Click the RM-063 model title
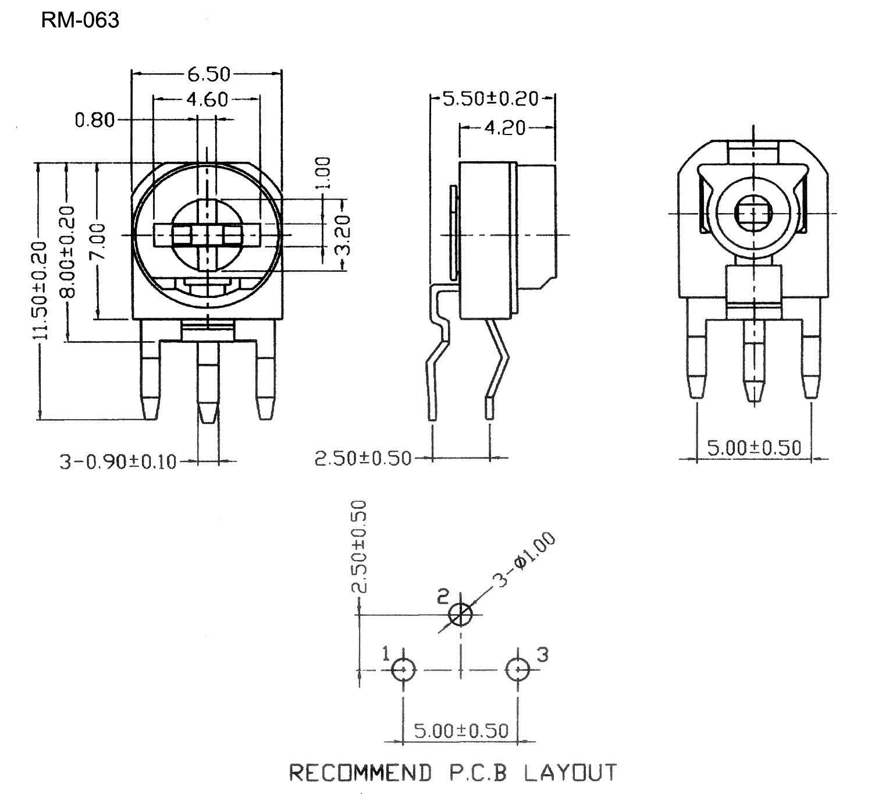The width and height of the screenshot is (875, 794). tap(80, 20)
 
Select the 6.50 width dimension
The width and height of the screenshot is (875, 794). tap(209, 74)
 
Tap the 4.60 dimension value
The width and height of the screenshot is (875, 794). tap(207, 100)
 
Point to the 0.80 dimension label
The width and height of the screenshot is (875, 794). tap(95, 120)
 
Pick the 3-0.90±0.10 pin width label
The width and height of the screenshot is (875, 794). tap(118, 462)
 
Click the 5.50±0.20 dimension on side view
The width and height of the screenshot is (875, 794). tap(490, 98)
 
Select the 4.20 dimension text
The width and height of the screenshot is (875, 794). tap(505, 128)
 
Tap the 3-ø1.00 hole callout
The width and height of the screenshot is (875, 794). tap(525, 559)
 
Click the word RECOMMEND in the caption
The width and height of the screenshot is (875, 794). tap(360, 772)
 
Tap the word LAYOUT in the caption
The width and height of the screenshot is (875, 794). tap(571, 772)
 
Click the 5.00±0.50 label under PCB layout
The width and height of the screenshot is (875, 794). tap(461, 731)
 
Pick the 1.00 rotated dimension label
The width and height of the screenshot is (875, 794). tap(323, 173)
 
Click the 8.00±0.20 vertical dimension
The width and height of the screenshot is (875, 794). tap(67, 252)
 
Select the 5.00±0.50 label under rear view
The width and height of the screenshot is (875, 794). tap(754, 448)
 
